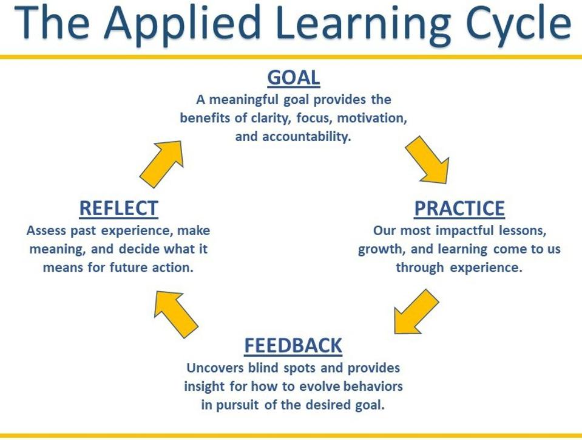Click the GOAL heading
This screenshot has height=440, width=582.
point(294,78)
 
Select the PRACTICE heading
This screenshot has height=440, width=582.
point(459,208)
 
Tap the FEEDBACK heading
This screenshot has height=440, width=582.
point(293,346)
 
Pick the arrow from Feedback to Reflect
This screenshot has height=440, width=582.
point(175,314)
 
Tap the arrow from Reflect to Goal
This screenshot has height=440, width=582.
point(162,164)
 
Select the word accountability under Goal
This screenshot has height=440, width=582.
point(306,137)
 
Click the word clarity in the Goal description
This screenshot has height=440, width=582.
point(273,119)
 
